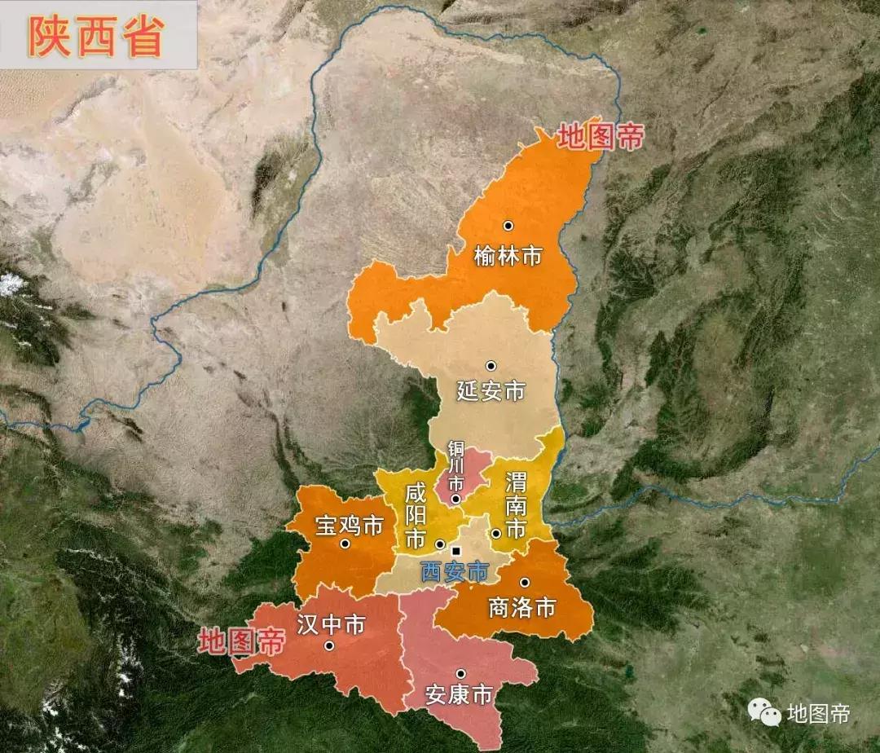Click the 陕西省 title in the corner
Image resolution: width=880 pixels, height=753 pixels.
(96, 35)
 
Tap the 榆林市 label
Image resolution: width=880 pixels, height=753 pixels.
(508, 256)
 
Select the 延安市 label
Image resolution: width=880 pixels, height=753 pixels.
(491, 390)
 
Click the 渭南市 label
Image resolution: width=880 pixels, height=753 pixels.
(515, 504)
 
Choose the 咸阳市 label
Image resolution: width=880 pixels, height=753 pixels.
(416, 515)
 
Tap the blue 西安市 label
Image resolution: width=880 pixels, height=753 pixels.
(455, 571)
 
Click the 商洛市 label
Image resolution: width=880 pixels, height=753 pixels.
(521, 607)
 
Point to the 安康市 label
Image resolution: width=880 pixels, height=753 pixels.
(460, 695)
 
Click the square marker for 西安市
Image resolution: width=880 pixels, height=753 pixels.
(455, 552)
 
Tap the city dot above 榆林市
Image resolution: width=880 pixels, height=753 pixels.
(508, 226)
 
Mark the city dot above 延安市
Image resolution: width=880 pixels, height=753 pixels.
(491, 366)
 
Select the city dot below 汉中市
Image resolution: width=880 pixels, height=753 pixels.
(329, 646)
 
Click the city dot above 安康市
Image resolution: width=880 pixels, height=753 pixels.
(461, 674)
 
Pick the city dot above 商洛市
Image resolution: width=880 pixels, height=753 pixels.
(525, 583)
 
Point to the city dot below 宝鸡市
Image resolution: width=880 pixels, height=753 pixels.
(345, 544)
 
